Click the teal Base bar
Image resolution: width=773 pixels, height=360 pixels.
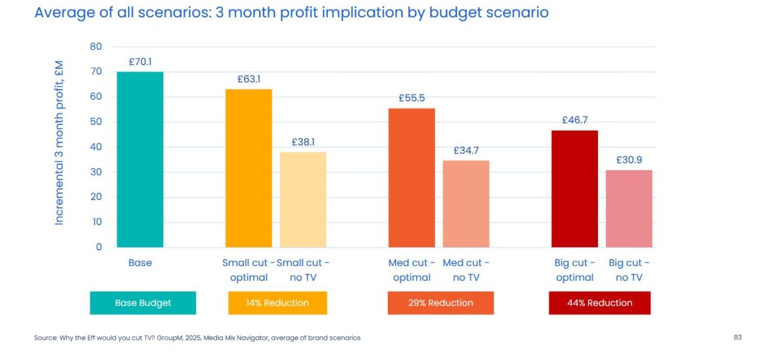point(140,160)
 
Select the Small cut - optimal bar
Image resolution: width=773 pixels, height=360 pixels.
point(248,168)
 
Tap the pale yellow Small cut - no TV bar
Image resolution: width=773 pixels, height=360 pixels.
point(303,200)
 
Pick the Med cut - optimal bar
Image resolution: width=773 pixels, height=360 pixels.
point(411,177)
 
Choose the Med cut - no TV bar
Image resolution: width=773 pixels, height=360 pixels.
point(466,204)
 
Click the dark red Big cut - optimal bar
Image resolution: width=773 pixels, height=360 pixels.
point(574,189)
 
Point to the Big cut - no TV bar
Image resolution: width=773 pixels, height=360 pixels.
point(629,208)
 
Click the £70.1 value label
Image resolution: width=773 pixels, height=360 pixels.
point(140,62)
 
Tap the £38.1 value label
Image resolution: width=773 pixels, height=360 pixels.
point(303,142)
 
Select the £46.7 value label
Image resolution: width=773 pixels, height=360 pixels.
point(574,120)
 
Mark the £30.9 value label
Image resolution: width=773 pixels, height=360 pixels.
point(629,160)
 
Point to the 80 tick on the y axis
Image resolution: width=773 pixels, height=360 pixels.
point(96,47)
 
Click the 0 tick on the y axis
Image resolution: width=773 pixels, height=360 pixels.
point(99,247)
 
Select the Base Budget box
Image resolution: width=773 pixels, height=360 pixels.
point(143,303)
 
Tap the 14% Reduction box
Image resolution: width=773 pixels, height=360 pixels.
point(277,303)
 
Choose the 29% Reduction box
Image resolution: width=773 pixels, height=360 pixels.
point(440,303)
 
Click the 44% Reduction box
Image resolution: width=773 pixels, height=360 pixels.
point(599,303)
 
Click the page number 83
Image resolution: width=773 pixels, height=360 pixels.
point(738,338)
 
